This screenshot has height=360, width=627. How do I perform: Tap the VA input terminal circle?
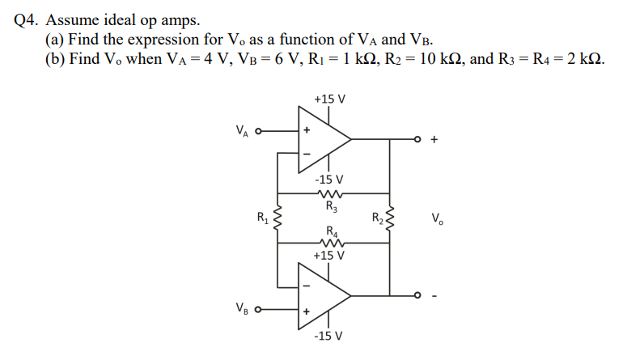point(259,129)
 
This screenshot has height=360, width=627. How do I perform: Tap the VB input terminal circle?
point(259,308)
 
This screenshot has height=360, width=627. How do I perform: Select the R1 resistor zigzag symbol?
point(277,218)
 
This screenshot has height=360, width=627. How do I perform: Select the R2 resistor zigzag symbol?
point(391,218)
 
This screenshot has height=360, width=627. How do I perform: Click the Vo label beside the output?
point(437,218)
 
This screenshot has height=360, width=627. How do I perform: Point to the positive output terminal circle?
point(419,139)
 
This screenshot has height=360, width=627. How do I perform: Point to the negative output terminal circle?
point(419,296)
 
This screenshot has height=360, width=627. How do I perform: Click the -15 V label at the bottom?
point(329,335)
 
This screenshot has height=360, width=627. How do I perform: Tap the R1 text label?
point(261,216)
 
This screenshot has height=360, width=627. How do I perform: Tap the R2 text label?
point(376,216)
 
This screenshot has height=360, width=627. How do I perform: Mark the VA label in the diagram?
point(242,129)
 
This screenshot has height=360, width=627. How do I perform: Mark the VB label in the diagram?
point(242,308)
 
